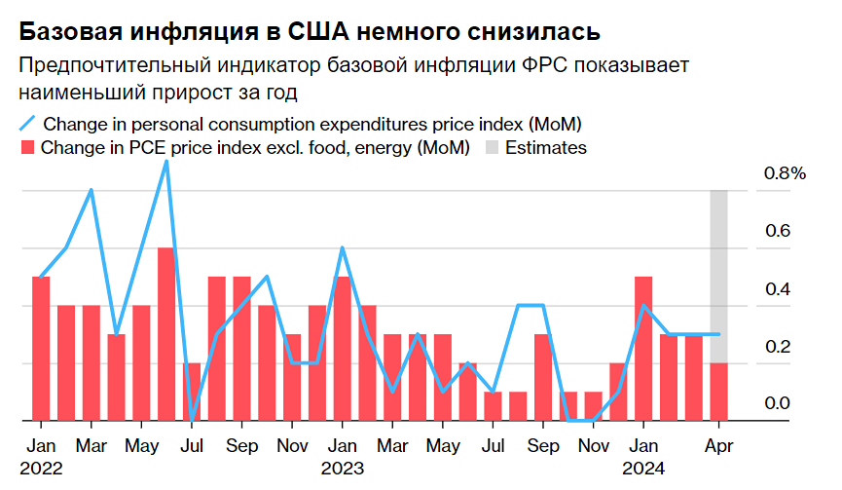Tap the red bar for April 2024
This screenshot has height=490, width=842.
click(x=718, y=392)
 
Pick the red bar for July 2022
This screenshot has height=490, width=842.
click(x=191, y=392)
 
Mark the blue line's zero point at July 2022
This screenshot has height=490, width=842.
click(x=191, y=420)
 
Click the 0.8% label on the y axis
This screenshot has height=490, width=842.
click(x=785, y=173)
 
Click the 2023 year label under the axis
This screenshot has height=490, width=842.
click(x=342, y=468)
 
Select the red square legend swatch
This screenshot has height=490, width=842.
click(x=28, y=148)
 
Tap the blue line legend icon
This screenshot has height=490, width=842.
click(x=28, y=124)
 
